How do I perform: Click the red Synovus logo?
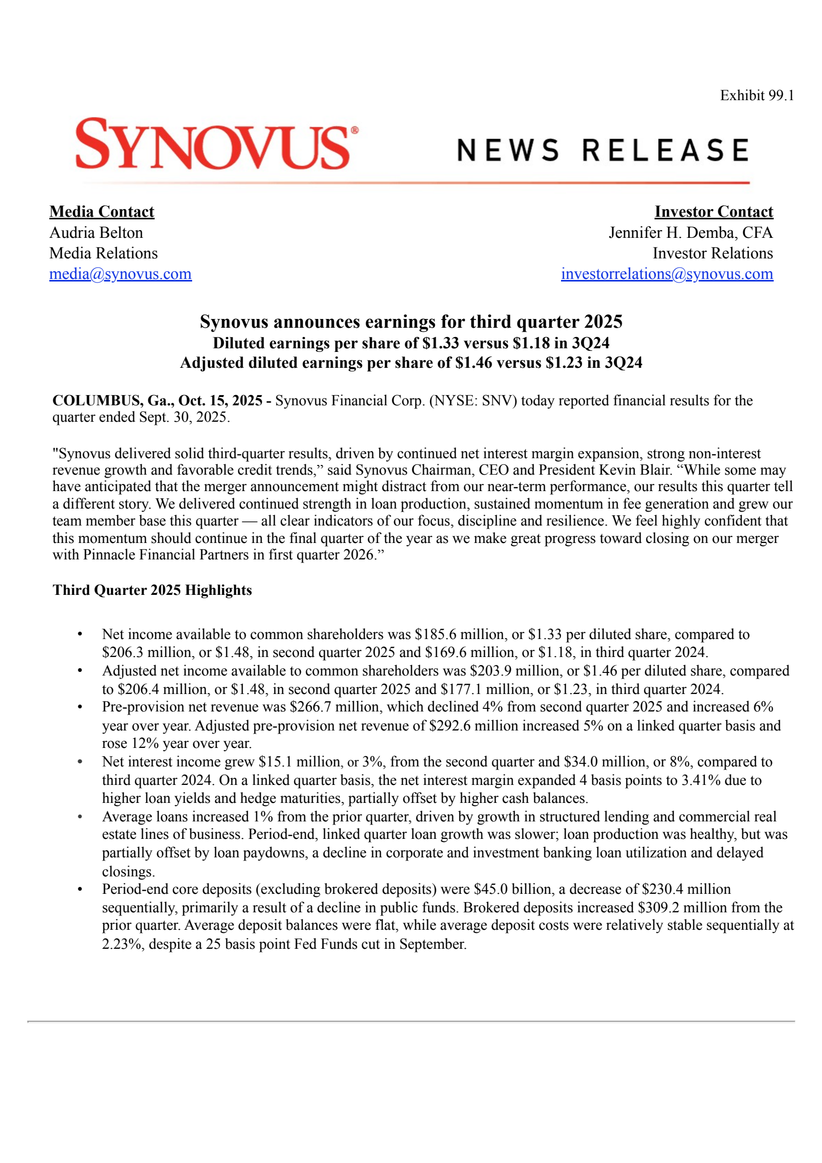pyautogui.click(x=216, y=144)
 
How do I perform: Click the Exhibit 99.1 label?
pyautogui.click(x=756, y=96)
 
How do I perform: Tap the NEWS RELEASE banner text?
pyautogui.click(x=603, y=150)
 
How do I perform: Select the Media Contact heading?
pyautogui.click(x=102, y=212)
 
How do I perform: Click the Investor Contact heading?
pyautogui.click(x=713, y=212)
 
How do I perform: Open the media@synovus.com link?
pyautogui.click(x=120, y=274)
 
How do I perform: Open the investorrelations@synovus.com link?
pyautogui.click(x=666, y=274)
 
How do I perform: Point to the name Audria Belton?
pyautogui.click(x=96, y=233)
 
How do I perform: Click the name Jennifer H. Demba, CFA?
pyautogui.click(x=690, y=233)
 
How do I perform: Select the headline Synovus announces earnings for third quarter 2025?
pyautogui.click(x=411, y=322)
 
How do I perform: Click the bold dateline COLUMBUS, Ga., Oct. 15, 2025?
pyautogui.click(x=157, y=401)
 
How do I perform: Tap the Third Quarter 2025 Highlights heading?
pyautogui.click(x=152, y=590)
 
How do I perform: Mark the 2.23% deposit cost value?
pyautogui.click(x=122, y=944)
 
